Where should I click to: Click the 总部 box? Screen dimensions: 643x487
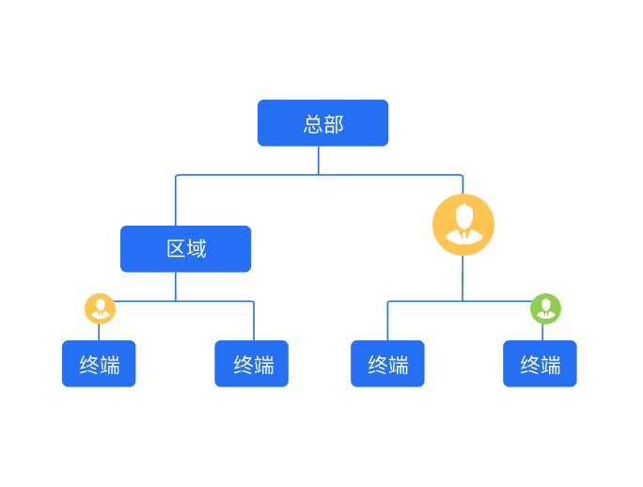click(x=322, y=122)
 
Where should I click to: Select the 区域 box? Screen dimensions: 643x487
click(x=185, y=248)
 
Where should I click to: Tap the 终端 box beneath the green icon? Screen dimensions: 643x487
click(x=540, y=364)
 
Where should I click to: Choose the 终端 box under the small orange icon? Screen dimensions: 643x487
click(x=99, y=364)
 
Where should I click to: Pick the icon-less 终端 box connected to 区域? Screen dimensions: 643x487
click(x=251, y=364)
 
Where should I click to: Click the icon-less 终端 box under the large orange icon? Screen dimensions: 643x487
click(x=387, y=364)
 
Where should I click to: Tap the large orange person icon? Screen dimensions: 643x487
click(x=463, y=225)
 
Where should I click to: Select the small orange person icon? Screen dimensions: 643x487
click(x=100, y=309)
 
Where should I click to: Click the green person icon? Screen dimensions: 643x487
click(x=546, y=309)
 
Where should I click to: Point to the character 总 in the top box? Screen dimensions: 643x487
click(x=313, y=124)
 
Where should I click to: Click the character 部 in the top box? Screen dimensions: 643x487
click(x=334, y=124)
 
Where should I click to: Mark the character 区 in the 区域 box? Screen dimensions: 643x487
click(x=176, y=248)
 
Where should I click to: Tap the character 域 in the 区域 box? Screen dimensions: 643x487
click(x=196, y=248)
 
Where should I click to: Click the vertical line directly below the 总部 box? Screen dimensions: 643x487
click(x=319, y=161)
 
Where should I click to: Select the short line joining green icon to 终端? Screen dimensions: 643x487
click(x=542, y=332)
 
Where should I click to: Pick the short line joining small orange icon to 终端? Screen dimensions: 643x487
click(x=99, y=332)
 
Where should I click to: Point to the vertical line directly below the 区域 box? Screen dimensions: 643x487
click(x=176, y=287)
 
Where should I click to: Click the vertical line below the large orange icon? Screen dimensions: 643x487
click(x=463, y=278)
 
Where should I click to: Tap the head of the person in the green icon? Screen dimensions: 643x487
click(x=546, y=305)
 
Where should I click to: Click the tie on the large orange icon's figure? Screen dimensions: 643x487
click(x=464, y=235)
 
